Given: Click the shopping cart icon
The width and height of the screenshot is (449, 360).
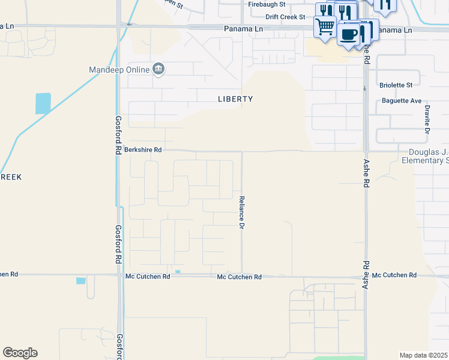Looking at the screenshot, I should [x=325, y=26].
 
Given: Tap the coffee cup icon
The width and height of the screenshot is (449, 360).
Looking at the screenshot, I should [x=348, y=33].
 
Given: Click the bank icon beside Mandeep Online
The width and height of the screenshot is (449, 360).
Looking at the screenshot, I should [x=158, y=69].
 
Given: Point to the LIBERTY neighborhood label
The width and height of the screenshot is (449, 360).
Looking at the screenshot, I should [x=235, y=99].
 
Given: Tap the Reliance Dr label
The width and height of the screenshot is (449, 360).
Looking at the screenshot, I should [x=243, y=212].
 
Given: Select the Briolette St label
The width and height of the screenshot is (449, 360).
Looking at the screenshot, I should [x=396, y=86].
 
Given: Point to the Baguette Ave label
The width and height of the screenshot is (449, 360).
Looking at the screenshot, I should [x=402, y=101].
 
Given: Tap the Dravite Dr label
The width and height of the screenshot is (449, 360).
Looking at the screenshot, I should [x=427, y=119].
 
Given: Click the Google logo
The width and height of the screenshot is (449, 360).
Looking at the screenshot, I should [x=20, y=353].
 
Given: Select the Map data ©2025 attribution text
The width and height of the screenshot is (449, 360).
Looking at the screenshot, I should [x=424, y=355].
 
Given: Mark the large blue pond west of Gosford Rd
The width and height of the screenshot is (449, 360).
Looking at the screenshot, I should [x=43, y=103].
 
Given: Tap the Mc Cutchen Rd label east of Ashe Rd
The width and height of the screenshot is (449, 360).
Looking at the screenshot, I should [x=394, y=275].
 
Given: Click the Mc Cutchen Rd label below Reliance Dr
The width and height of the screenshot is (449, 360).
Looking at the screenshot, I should [x=240, y=277].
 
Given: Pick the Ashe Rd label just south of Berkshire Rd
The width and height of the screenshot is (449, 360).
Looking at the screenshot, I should [x=366, y=174].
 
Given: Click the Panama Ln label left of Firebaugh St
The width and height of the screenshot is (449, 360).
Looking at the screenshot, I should [x=209, y=28].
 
